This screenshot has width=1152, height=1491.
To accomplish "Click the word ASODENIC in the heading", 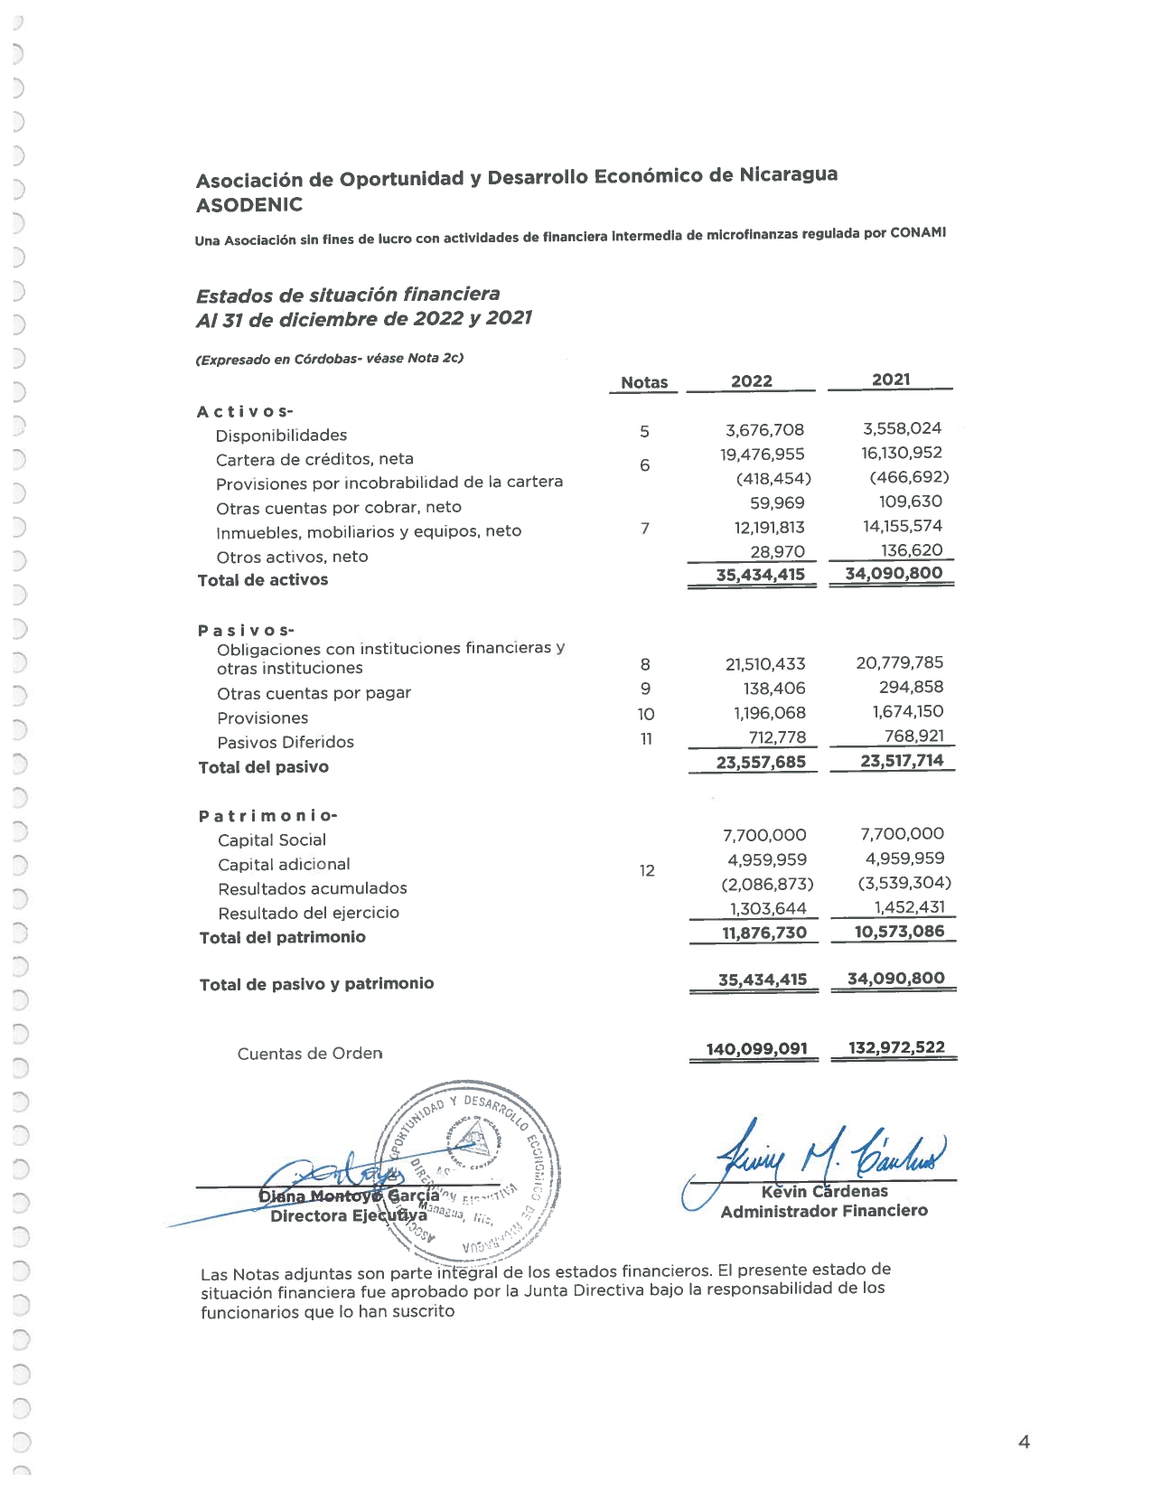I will click(x=249, y=205).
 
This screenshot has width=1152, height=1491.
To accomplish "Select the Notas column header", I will click(x=644, y=382).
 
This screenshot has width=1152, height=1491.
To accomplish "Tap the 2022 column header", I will click(x=752, y=380).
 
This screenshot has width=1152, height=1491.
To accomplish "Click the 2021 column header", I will click(x=891, y=380).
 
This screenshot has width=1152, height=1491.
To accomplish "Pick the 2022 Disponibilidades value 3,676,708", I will click(x=764, y=430).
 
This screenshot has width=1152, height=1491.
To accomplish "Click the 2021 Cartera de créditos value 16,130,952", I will click(x=902, y=453).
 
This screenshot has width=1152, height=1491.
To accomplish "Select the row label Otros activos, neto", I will click(x=292, y=557).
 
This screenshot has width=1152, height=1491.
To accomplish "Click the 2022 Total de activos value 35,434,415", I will click(x=760, y=575).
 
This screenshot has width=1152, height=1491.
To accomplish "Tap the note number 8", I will click(x=645, y=665).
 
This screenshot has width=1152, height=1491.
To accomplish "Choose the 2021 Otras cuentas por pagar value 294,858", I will click(x=911, y=687).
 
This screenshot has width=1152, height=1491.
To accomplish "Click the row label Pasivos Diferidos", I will click(x=286, y=742).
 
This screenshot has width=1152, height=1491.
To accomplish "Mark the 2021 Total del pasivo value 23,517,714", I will click(x=902, y=760).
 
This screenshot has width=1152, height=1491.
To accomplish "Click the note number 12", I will click(x=647, y=871).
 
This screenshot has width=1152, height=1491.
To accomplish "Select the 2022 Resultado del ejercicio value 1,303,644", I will click(x=768, y=908).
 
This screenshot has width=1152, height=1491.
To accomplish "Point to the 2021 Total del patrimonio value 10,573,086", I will click(x=899, y=931).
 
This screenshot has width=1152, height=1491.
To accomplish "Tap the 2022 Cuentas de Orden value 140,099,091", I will click(x=757, y=1048).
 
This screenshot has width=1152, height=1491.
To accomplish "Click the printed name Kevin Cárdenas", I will click(x=824, y=1191).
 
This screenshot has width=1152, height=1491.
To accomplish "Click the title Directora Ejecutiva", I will click(x=348, y=1215).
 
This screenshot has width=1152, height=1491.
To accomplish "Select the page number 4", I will click(x=1024, y=1442).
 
